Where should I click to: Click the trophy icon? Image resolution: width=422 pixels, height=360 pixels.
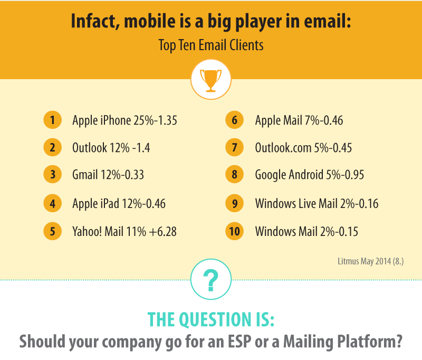210,80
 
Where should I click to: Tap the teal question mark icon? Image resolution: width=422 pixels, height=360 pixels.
211,280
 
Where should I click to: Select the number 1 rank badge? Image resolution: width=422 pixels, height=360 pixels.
52,120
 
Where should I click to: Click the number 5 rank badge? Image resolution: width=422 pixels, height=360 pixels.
52,231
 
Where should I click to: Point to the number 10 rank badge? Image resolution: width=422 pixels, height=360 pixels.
234,231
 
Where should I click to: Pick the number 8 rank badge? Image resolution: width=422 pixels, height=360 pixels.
234,175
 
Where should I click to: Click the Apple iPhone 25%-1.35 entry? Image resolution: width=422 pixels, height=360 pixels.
124,120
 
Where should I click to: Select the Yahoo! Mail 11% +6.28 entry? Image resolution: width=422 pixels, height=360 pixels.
124,232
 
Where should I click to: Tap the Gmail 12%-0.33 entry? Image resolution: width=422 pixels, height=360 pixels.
108,175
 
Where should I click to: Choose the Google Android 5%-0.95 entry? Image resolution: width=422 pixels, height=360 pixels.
310,175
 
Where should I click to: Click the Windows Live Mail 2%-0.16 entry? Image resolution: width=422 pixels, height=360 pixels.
317,204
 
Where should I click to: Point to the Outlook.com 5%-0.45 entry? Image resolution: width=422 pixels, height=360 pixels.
303,148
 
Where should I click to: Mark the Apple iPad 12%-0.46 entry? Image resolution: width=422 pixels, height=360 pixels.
119,204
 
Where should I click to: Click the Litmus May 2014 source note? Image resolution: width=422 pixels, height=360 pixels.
371,261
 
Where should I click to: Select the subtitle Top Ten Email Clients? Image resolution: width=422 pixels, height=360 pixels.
211,45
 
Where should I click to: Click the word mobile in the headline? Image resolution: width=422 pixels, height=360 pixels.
150,21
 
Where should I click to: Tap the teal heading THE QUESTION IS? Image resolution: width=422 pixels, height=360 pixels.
211,319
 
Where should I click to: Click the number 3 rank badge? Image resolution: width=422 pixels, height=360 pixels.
52,175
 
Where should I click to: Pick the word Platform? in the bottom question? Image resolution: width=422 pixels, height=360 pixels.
370,342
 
